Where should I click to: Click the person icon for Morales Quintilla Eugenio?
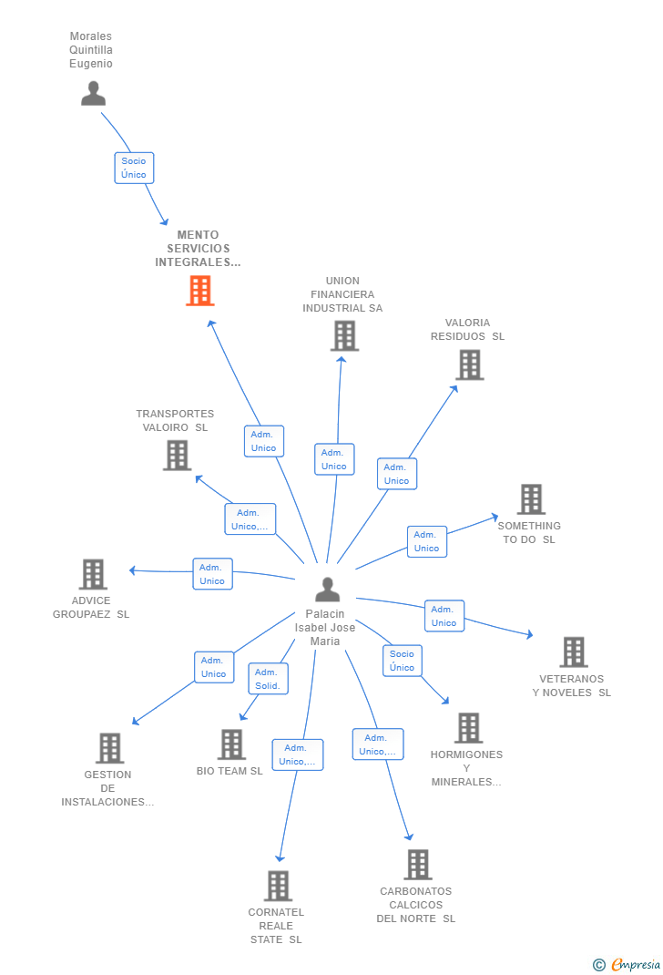coord(93,93)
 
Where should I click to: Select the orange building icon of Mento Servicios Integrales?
coord(200,291)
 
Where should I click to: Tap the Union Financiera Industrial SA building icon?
coord(343,336)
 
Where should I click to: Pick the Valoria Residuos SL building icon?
coord(469,365)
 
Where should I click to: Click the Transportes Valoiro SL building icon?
coord(177,456)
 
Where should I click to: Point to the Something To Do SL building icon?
coord(531,499)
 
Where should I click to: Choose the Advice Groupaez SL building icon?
coord(93,575)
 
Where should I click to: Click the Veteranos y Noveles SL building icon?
coord(573,652)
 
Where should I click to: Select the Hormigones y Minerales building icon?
coord(468,728)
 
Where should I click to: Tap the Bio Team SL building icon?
coord(231,744)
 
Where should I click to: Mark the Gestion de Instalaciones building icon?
coord(109,748)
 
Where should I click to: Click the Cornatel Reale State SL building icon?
coord(278,886)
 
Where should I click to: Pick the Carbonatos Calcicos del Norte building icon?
coord(417,865)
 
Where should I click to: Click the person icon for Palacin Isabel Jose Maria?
coord(327,590)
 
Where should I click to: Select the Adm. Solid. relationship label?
coord(268,679)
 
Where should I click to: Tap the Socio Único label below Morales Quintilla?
coord(134,168)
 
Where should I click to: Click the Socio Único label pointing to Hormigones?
coord(402,661)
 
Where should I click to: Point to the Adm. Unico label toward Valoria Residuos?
coord(396,474)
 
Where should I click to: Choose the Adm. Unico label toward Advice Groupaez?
coord(212,574)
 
